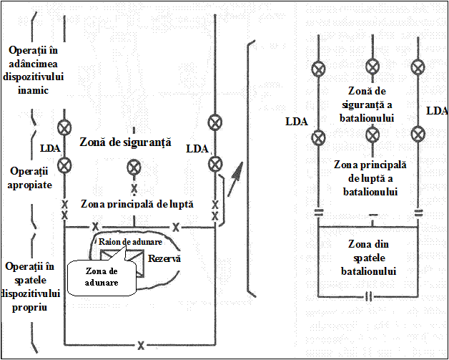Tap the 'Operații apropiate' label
(29, 178)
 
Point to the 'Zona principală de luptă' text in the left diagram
(137, 204)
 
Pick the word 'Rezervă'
(165, 258)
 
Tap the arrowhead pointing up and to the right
(237, 170)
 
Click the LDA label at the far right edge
(437, 111)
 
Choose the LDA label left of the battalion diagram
(296, 122)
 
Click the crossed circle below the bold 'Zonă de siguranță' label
(134, 167)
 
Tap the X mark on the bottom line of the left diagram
(141, 346)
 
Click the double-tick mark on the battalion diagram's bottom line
(368, 296)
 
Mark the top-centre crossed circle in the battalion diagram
(372, 67)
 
